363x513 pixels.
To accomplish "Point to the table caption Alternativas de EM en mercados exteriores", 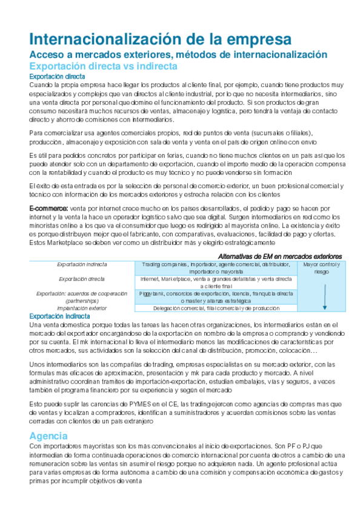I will click(x=279, y=256).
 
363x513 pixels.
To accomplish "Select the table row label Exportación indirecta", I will click(x=82, y=264).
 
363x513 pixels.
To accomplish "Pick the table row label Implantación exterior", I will click(x=82, y=308).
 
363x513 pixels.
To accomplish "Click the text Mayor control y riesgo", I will click(x=321, y=268).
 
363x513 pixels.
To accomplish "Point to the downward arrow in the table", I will click(x=325, y=296).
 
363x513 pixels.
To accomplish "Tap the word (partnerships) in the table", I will click(x=82, y=301).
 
